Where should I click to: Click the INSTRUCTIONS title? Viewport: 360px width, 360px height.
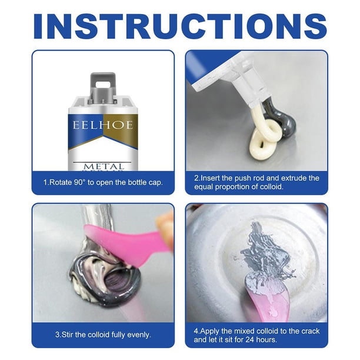180,26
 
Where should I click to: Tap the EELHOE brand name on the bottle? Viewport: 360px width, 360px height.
103,125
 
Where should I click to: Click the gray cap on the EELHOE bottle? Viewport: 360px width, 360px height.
103,87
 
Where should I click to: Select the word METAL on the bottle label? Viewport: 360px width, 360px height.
104,166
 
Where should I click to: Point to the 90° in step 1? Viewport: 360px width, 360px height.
79,182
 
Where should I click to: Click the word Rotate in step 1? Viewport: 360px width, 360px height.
60,182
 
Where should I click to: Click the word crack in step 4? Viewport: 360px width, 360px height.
309,331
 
